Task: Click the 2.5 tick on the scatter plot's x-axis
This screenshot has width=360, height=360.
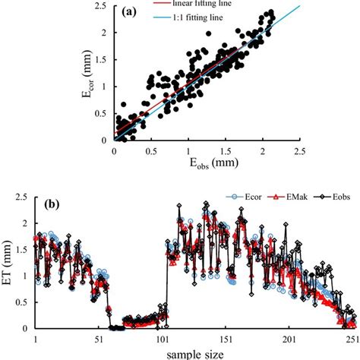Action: [300, 150]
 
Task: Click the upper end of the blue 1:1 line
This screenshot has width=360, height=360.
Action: [299, 7]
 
